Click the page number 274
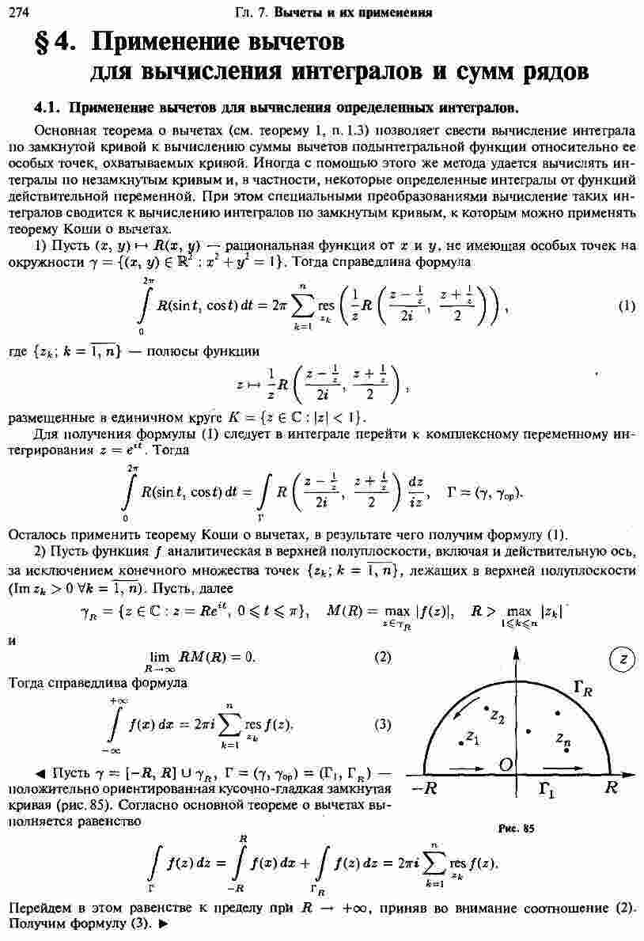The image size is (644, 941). [x=17, y=11]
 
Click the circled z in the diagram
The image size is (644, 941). [x=623, y=659]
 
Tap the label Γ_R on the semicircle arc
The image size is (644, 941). [x=582, y=690]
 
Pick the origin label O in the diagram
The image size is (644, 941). [x=504, y=763]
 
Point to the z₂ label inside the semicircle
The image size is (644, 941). [x=497, y=716]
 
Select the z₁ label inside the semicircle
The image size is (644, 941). [x=472, y=738]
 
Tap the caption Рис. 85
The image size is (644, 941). [x=517, y=829]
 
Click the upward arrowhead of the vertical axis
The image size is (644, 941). [x=517, y=651]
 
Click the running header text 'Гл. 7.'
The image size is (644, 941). [x=255, y=12]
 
